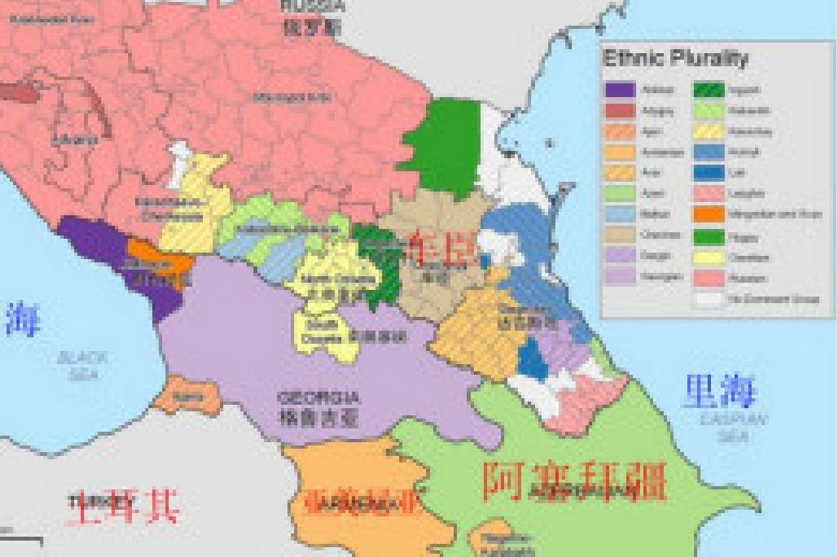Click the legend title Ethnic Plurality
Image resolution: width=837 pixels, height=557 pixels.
click(675, 58)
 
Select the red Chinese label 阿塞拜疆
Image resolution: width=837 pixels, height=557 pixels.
click(574, 482)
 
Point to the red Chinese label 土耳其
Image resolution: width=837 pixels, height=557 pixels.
click(124, 506)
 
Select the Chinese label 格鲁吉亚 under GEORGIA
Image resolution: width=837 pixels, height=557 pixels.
click(318, 417)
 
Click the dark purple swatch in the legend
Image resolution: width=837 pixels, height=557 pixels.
click(620, 90)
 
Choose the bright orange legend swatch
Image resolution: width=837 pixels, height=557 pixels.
click(709, 215)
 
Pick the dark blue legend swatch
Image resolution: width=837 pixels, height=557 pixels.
click(709, 173)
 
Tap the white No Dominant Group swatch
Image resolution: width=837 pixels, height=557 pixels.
click(709, 299)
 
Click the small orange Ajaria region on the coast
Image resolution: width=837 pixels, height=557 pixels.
click(187, 395)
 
